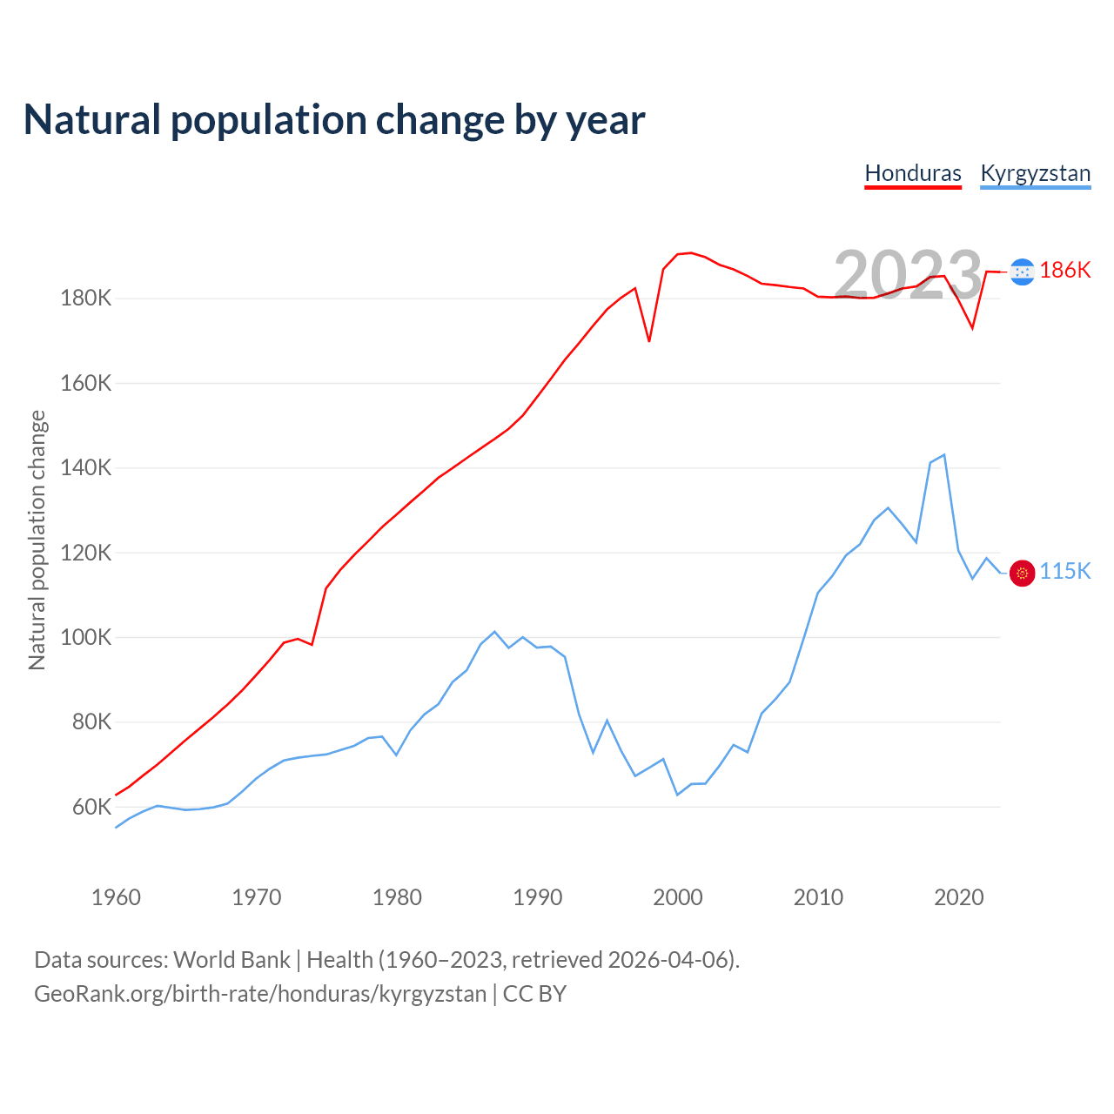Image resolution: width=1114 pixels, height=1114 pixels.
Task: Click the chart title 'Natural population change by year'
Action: point(334,120)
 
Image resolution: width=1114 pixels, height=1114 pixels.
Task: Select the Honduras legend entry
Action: point(913,173)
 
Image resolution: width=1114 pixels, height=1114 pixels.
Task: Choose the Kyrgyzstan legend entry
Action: point(1035,173)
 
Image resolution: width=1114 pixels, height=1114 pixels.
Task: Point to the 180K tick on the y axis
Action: point(86,299)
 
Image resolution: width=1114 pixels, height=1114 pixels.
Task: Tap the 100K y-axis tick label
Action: point(86,637)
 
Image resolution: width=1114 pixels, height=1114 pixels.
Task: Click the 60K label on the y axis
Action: point(91,807)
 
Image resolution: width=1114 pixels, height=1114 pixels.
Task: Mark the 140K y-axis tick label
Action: point(86,468)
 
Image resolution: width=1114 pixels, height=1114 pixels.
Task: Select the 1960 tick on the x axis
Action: point(116,897)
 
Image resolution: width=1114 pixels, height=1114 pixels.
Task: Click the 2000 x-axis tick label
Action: point(677,897)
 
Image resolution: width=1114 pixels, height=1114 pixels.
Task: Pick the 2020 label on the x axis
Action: point(958,897)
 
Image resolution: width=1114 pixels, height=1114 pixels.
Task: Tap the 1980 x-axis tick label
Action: point(397,897)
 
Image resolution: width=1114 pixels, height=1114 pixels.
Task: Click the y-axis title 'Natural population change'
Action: point(37,540)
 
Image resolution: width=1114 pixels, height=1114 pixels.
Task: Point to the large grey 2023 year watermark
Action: point(908,275)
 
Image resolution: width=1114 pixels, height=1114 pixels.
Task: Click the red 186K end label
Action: point(1064,271)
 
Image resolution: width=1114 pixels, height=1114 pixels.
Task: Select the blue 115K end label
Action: point(1064,571)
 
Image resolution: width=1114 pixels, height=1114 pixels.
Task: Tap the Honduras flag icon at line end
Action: point(1023,272)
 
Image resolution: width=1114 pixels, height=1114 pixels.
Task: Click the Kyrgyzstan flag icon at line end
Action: point(1023,573)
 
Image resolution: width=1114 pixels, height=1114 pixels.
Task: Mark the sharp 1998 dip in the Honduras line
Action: point(649,340)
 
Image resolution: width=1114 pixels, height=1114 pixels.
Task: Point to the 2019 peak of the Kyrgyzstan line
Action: point(944,455)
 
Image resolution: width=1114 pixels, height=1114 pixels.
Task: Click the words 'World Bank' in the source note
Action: point(232,960)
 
